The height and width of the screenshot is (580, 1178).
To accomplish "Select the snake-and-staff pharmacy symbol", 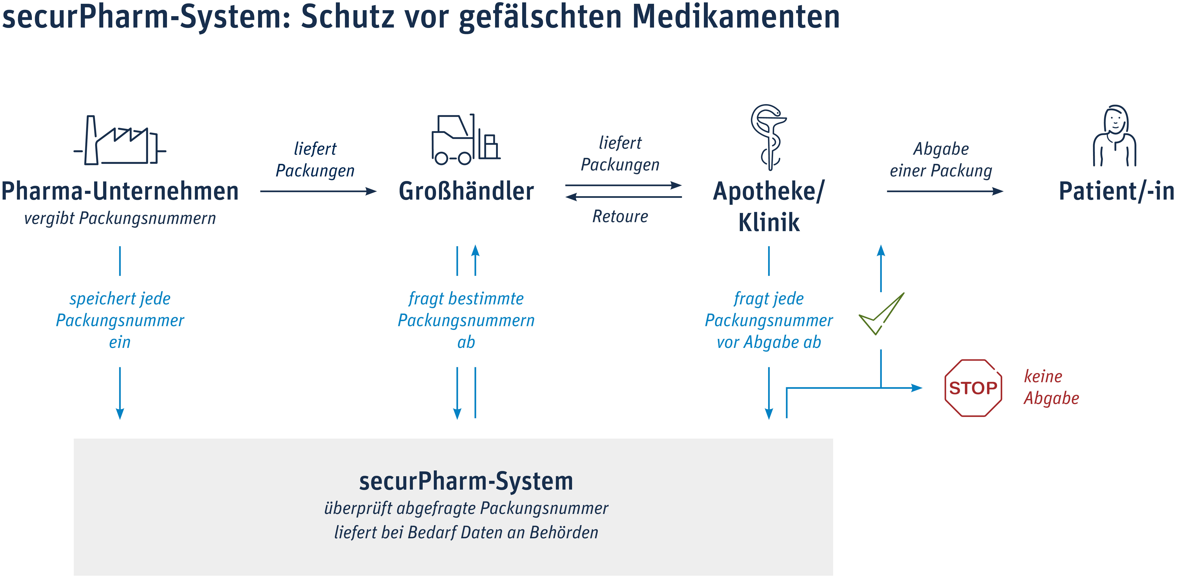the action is click(769, 137).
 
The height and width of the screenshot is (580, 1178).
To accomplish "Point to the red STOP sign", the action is click(973, 388).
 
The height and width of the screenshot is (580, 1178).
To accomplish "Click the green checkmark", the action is click(881, 314).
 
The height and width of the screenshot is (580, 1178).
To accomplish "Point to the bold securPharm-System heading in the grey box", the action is click(466, 481).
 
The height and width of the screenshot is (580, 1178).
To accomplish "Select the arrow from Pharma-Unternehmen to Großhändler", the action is click(318, 191).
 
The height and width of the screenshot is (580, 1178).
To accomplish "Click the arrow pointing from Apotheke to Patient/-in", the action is click(945, 191).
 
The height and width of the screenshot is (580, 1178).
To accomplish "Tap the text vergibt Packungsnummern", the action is click(120, 218).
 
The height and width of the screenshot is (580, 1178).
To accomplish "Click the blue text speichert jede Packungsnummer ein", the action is click(120, 320).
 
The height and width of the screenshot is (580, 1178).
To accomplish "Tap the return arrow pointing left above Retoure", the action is click(624, 197).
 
